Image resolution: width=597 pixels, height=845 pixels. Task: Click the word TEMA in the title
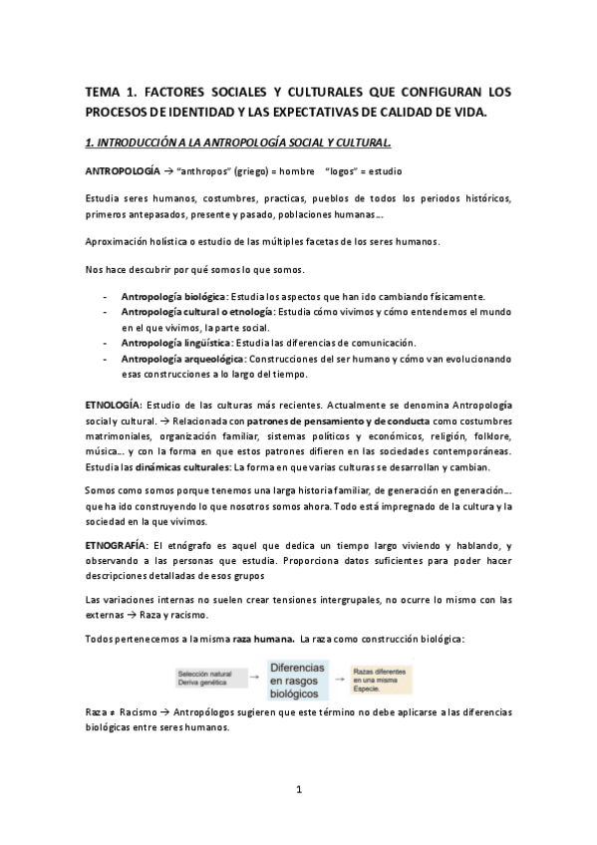coord(104,92)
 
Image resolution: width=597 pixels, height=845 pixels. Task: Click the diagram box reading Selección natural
coord(206,674)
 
